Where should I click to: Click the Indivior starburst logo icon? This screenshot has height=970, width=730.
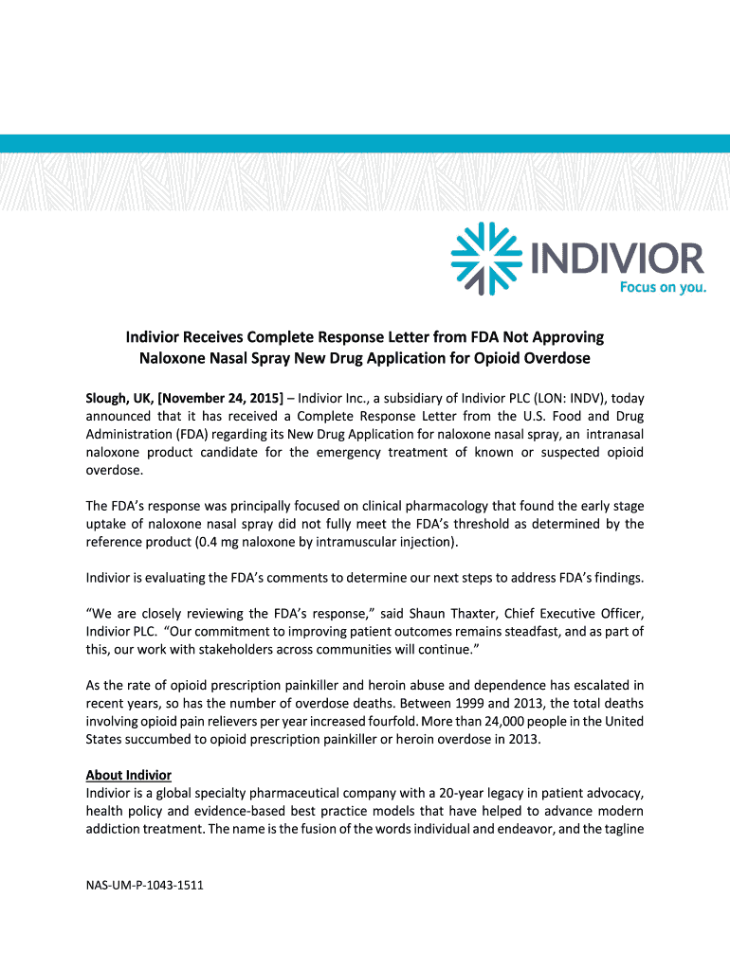click(x=485, y=258)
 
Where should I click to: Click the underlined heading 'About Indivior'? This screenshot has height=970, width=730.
click(x=128, y=775)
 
